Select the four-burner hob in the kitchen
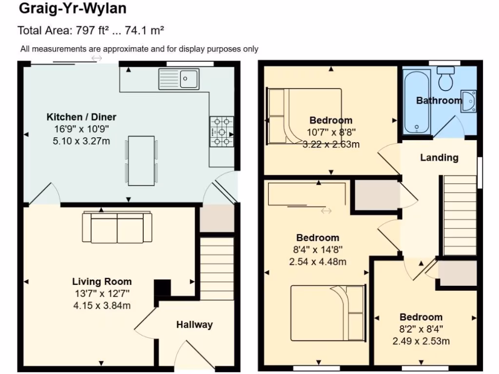(x=222, y=131)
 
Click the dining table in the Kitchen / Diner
(x=141, y=160)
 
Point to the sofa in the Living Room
(x=117, y=227)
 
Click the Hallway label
(x=194, y=324)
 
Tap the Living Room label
(x=102, y=281)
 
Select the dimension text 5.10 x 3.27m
(x=81, y=141)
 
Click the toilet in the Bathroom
(x=445, y=78)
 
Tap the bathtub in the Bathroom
(x=417, y=101)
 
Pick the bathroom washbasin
(x=468, y=101)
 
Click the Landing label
(x=439, y=157)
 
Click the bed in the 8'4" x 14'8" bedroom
(x=328, y=312)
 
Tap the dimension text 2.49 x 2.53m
(x=421, y=341)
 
